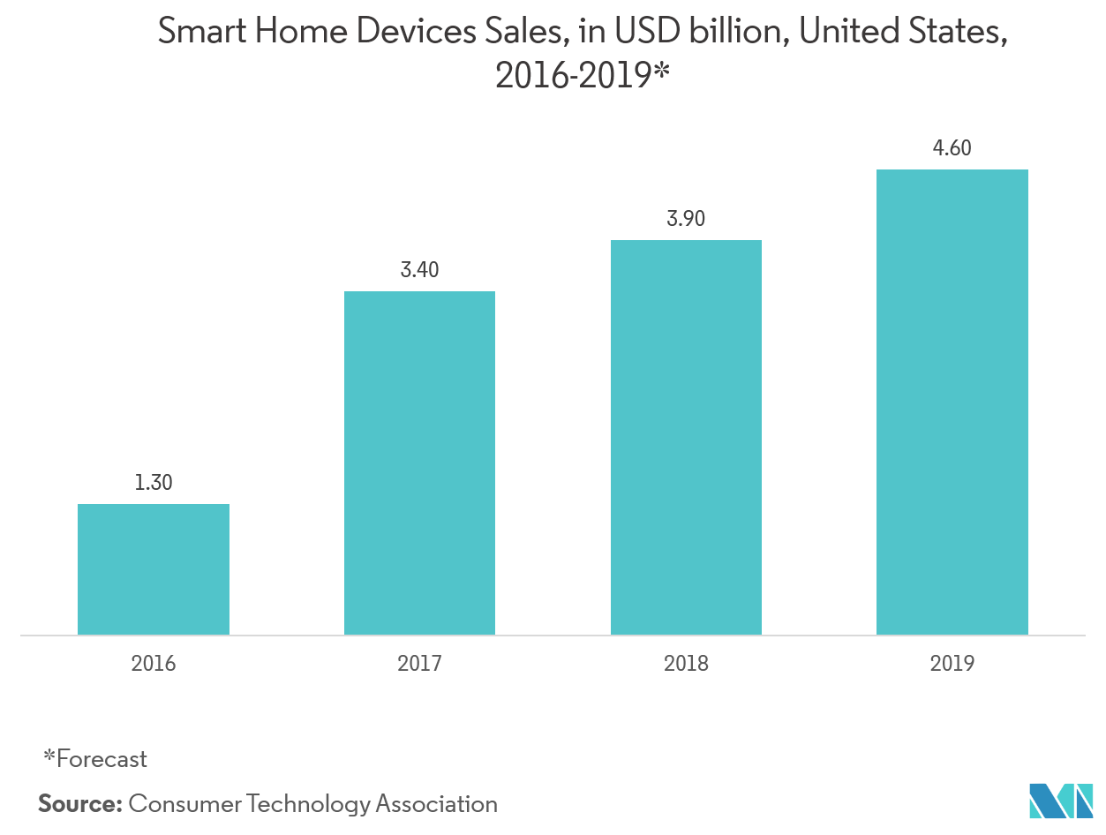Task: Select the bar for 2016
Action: (x=154, y=569)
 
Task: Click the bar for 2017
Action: (x=419, y=463)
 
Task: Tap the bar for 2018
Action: (x=686, y=437)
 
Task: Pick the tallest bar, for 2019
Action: (x=952, y=402)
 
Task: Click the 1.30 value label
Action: (x=154, y=483)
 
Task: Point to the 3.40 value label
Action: (x=419, y=270)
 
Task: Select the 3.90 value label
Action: (x=686, y=219)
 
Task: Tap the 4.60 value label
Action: (x=952, y=148)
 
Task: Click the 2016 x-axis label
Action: (x=154, y=664)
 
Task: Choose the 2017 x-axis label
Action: (x=419, y=664)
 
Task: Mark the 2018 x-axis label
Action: (x=686, y=664)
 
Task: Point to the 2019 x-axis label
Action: (x=952, y=664)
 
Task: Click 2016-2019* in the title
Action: (x=583, y=77)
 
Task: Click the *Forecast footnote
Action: (x=95, y=758)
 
